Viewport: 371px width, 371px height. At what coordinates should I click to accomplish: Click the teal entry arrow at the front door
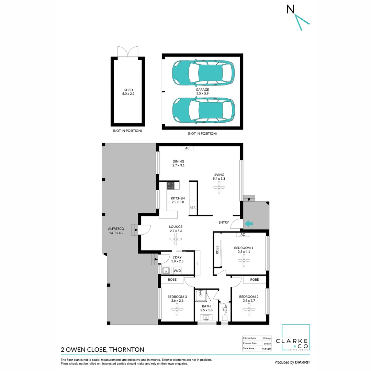[248, 224]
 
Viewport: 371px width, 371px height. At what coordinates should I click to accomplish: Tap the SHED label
[128, 90]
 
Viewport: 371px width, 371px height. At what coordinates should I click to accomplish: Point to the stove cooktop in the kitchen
[171, 185]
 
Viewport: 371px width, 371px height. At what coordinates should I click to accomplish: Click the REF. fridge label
[192, 208]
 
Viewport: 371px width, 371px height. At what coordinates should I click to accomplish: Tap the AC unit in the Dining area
[187, 148]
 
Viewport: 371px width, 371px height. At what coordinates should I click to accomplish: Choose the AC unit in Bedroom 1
[243, 235]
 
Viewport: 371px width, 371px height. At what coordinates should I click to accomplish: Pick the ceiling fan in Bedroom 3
[177, 311]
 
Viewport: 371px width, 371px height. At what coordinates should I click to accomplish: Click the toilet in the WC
[225, 318]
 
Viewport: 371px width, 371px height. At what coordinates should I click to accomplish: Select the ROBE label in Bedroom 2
[254, 280]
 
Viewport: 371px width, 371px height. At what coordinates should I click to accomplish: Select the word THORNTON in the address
[127, 350]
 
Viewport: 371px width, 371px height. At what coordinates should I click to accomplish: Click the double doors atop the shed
[127, 52]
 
